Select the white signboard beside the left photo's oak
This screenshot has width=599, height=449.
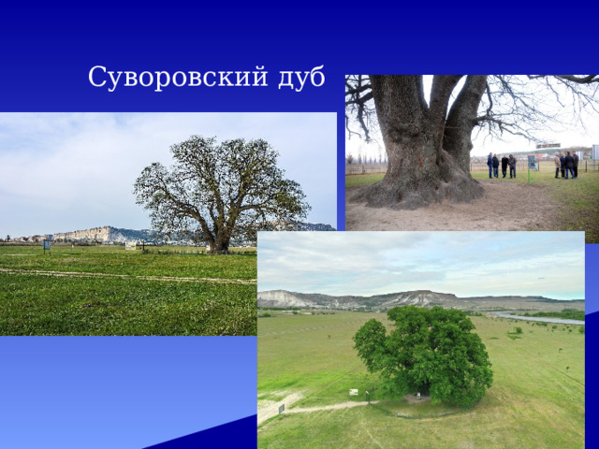pyautogui.click(x=131, y=246)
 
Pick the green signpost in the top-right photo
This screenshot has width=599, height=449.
pyautogui.click(x=532, y=164)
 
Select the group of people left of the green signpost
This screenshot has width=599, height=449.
pyautogui.click(x=501, y=166)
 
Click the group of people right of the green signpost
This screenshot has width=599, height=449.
pyautogui.click(x=565, y=165)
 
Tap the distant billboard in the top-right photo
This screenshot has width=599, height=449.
pyautogui.click(x=547, y=147)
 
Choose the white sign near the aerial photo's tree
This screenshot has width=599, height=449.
pyautogui.click(x=354, y=392)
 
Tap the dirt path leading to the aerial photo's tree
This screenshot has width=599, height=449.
pyautogui.click(x=318, y=407)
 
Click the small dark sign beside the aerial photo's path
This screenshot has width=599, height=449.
pyautogui.click(x=281, y=408)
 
